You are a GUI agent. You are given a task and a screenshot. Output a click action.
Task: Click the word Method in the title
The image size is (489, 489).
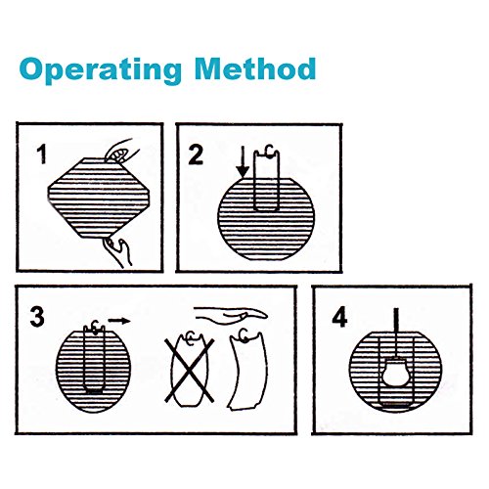(x=255, y=68)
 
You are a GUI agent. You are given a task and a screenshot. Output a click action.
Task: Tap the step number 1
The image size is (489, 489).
(x=42, y=155)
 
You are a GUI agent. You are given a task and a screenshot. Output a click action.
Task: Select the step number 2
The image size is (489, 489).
(x=196, y=155)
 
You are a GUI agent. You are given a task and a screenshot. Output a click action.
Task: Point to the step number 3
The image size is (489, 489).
(x=37, y=317)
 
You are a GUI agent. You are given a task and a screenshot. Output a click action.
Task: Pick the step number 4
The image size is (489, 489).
(x=339, y=318)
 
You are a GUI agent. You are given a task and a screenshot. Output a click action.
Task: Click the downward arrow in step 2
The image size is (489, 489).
(x=243, y=162)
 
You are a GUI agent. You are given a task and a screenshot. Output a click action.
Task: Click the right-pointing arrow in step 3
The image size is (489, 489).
(x=119, y=321)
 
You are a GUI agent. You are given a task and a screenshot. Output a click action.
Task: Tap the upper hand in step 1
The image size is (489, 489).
(x=122, y=151)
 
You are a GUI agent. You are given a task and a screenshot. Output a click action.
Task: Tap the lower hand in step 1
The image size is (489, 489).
(x=118, y=251)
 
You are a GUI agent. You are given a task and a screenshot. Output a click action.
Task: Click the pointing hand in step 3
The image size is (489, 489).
(x=231, y=313)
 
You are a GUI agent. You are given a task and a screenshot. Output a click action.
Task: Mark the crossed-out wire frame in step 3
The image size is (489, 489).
(x=190, y=369)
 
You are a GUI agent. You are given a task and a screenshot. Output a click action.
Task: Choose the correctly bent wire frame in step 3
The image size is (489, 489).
(x=248, y=371)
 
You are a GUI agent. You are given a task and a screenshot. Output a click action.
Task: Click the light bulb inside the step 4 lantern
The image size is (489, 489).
(x=396, y=372)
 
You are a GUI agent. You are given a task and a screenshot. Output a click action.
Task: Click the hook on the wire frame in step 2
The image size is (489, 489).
(x=269, y=151)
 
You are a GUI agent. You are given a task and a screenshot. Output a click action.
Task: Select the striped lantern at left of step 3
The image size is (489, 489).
(x=94, y=371)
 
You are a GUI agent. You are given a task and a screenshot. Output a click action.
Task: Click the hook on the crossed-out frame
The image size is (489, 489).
(x=190, y=337)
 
